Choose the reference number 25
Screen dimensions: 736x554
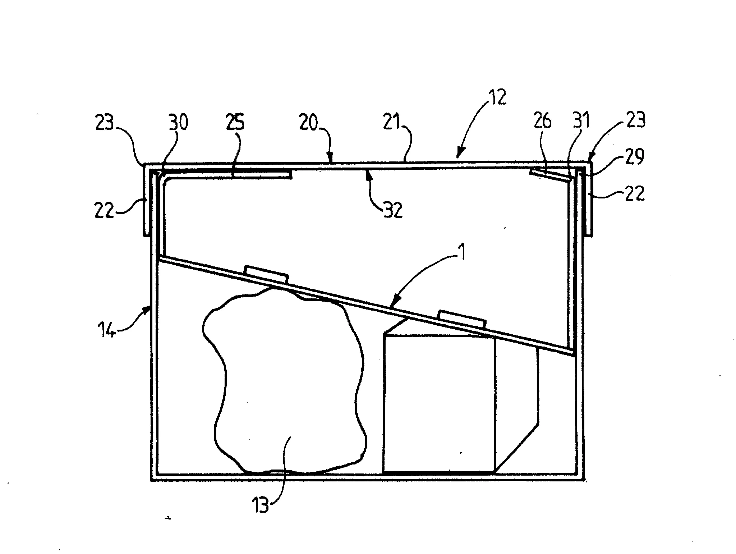click(235, 123)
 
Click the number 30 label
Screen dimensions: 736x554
click(178, 123)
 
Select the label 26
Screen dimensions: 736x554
click(542, 122)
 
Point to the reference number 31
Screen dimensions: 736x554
click(581, 122)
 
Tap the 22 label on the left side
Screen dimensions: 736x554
click(105, 210)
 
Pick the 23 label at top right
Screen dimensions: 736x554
click(635, 120)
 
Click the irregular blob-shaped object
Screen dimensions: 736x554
click(284, 381)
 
